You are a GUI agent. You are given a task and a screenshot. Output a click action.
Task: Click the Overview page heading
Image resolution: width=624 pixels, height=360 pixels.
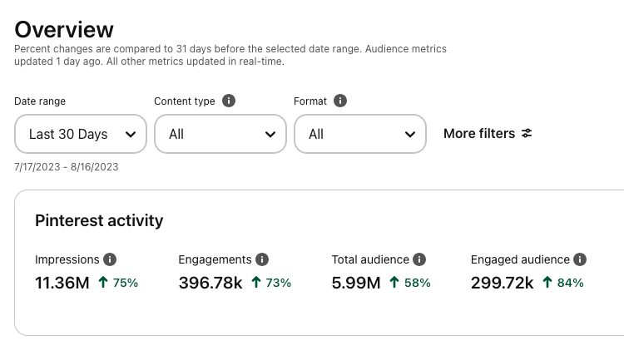pyautogui.click(x=64, y=29)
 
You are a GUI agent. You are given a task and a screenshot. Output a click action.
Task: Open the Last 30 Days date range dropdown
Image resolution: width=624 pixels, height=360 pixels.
pyautogui.click(x=81, y=134)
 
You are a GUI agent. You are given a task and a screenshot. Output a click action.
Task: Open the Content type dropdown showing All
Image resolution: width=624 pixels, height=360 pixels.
pyautogui.click(x=220, y=134)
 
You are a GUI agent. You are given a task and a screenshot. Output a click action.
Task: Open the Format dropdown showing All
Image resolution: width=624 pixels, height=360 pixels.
pyautogui.click(x=360, y=134)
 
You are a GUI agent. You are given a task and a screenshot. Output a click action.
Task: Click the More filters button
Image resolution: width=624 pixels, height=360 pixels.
pyautogui.click(x=488, y=133)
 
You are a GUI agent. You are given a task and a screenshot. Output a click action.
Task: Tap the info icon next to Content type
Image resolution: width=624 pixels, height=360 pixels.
pyautogui.click(x=229, y=101)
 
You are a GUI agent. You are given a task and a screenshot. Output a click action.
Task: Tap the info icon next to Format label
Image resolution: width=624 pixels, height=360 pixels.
pyautogui.click(x=339, y=101)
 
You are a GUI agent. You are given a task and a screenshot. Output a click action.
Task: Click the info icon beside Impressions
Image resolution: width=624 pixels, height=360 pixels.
pyautogui.click(x=110, y=259)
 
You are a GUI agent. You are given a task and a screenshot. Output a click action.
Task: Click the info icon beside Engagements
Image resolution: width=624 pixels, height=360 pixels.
pyautogui.click(x=262, y=259)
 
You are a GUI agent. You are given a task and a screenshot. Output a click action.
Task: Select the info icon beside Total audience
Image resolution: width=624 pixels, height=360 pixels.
pyautogui.click(x=420, y=259)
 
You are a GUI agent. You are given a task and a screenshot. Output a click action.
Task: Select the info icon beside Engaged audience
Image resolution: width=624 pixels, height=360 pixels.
pyautogui.click(x=580, y=259)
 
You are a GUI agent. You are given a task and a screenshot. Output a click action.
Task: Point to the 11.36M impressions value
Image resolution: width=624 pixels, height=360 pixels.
pyautogui.click(x=62, y=283)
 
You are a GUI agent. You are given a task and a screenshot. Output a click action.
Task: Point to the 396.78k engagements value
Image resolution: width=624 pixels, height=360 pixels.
pyautogui.click(x=210, y=283)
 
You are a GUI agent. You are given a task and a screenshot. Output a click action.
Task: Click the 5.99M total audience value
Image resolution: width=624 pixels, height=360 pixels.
pyautogui.click(x=356, y=283)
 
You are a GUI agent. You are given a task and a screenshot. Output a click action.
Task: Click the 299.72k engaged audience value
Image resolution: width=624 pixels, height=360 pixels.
pyautogui.click(x=502, y=283)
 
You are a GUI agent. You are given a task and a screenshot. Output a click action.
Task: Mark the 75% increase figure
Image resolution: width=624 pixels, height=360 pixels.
pyautogui.click(x=125, y=283)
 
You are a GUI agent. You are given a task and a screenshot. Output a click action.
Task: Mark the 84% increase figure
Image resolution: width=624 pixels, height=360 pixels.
pyautogui.click(x=571, y=283)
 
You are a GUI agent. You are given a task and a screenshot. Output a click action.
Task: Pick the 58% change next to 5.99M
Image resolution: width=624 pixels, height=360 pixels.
pyautogui.click(x=417, y=283)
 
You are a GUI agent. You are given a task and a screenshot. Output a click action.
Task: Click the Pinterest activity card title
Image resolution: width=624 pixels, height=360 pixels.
pyautogui.click(x=99, y=220)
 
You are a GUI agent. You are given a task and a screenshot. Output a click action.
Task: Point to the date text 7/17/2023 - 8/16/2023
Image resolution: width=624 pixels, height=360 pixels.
pyautogui.click(x=67, y=167)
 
